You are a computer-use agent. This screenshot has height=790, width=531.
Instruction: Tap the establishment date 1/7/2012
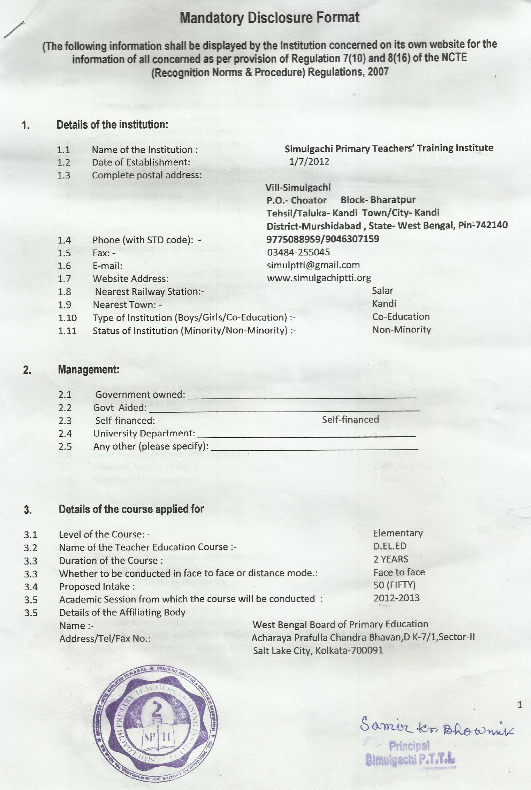click(x=309, y=162)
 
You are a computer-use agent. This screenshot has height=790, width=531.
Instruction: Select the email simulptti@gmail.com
click(x=313, y=265)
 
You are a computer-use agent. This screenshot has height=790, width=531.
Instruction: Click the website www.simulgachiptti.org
click(x=319, y=278)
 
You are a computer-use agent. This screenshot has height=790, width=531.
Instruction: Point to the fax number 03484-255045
click(x=298, y=252)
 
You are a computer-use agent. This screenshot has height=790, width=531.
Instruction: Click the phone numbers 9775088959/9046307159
click(x=323, y=239)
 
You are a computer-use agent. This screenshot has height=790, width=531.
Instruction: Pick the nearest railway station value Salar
click(x=382, y=291)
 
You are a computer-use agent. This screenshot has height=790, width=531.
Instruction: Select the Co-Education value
click(x=401, y=316)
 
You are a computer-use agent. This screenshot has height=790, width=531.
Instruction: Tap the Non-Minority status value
click(x=401, y=329)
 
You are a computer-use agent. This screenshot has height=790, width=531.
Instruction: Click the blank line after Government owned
click(x=302, y=397)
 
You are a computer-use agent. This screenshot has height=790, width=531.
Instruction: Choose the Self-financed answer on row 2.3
click(x=350, y=419)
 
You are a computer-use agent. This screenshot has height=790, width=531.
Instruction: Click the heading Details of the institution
click(x=112, y=124)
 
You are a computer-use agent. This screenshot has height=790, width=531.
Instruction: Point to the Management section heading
click(x=89, y=369)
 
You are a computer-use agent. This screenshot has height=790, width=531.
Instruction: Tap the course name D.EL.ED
click(x=389, y=546)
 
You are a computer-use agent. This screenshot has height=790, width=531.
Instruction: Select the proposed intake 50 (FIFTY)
click(x=394, y=585)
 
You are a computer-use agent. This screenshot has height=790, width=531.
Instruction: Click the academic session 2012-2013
click(x=396, y=598)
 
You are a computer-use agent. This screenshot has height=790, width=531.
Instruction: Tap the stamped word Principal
click(x=409, y=746)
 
